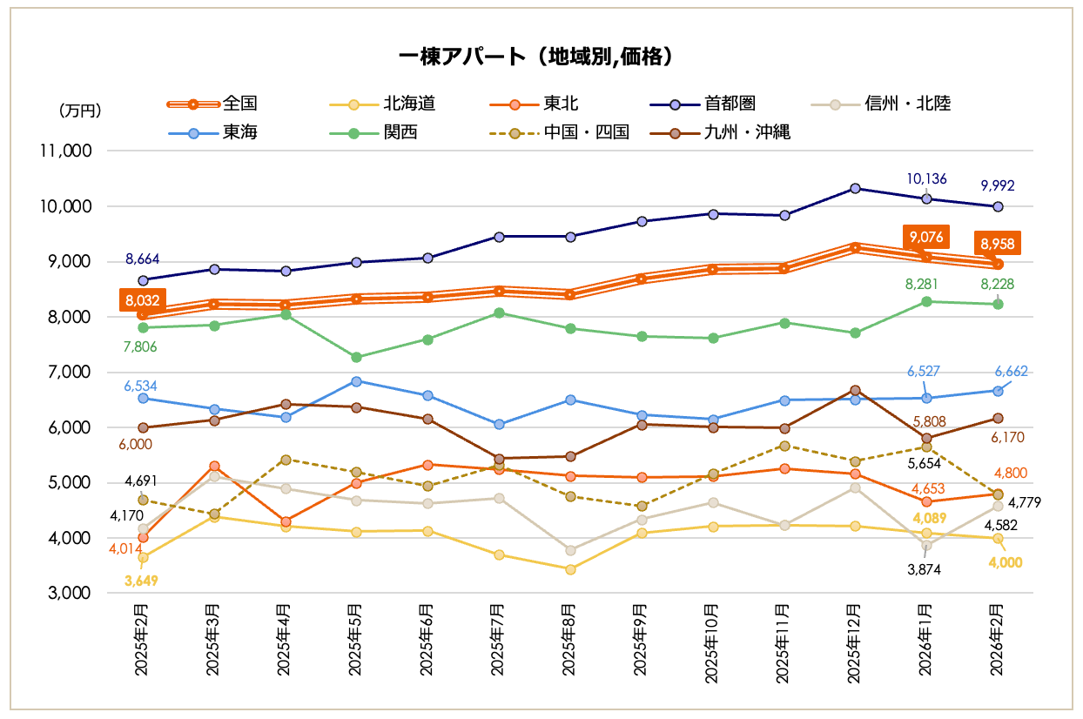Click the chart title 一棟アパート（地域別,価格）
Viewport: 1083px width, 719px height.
540,57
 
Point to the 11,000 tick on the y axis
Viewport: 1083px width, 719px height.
67,151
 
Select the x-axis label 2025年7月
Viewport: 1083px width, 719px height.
498,640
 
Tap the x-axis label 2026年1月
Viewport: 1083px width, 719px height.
926,640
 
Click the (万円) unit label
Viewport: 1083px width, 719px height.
80,111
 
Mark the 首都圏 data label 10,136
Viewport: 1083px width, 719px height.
926,179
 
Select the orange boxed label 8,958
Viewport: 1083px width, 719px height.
997,243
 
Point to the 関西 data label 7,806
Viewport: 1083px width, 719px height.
143,346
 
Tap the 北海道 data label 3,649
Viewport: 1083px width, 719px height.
142,581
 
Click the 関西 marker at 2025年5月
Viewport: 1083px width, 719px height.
356,357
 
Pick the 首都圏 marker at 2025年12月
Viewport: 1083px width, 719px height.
855,188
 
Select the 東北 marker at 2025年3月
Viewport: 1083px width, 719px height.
214,467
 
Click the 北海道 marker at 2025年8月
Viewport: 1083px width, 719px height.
570,569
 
